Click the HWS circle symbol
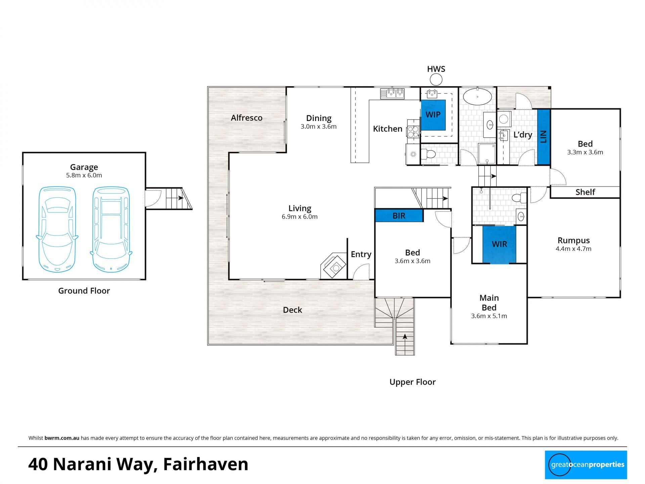tap(436, 80)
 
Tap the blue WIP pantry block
tap(433, 115)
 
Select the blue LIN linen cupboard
tap(543, 137)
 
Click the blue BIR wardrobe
tap(399, 215)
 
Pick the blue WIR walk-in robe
tap(499, 244)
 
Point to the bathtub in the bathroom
tap(477, 97)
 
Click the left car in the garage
tap(57, 229)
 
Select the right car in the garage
tap(111, 229)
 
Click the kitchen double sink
tap(392, 93)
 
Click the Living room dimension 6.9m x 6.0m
tap(300, 217)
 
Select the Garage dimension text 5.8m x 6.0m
tap(84, 175)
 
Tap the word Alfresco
tap(247, 118)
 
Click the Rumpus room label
tap(573, 241)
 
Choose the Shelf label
tap(585, 192)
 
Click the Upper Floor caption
tap(413, 382)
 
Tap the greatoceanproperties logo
tap(586, 465)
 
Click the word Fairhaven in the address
tap(206, 464)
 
